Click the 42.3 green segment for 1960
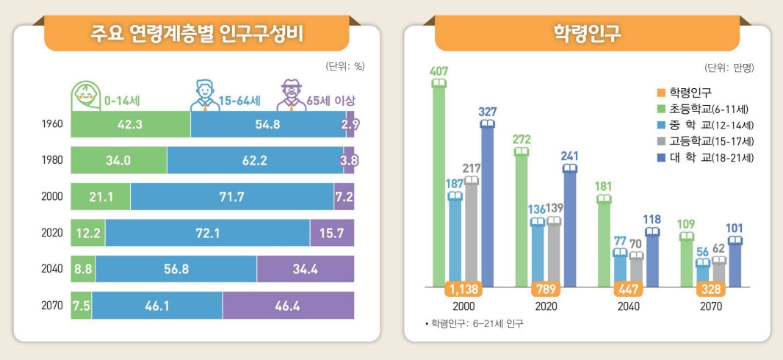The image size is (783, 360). tap(130, 124)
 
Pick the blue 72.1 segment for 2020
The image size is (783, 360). tap(206, 232)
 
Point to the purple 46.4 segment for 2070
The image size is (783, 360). tap(288, 305)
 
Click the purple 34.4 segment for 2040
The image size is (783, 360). tap(305, 269)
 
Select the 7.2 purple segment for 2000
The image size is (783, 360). tap(344, 196)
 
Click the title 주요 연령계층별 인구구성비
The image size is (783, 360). tap(196, 34)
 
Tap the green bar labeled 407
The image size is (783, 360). tap(439, 184)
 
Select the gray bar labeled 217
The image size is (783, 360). tap(471, 231)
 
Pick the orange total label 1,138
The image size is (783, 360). tap(463, 287)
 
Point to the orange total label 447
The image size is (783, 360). tap(629, 287)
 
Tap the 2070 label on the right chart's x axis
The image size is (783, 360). tap(711, 306)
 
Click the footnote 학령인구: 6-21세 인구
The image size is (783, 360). tap(474, 323)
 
